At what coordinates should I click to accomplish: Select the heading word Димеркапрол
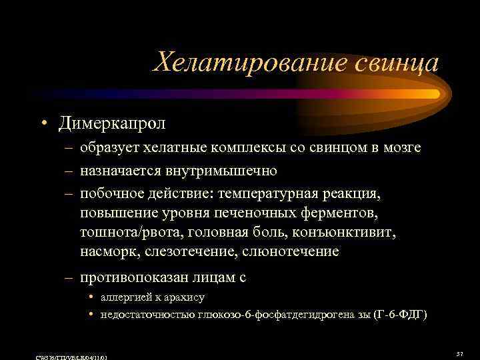coord(112,123)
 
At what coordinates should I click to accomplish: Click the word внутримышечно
coord(215,171)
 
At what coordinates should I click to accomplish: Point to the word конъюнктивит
coord(349,233)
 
